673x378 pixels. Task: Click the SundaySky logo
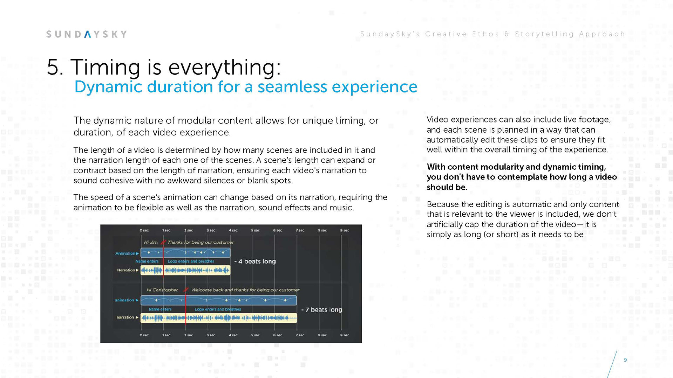(86, 34)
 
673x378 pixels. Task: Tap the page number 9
(625, 360)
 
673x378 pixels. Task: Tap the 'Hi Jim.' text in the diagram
(151, 242)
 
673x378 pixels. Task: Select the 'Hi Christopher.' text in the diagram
(162, 290)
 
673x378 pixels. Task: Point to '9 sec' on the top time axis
(344, 230)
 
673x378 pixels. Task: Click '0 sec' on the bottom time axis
(144, 335)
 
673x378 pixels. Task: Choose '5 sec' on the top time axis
(255, 230)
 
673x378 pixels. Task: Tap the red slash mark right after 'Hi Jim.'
(163, 242)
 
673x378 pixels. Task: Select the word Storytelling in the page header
(544, 34)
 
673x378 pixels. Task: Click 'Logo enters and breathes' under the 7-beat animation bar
(218, 309)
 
